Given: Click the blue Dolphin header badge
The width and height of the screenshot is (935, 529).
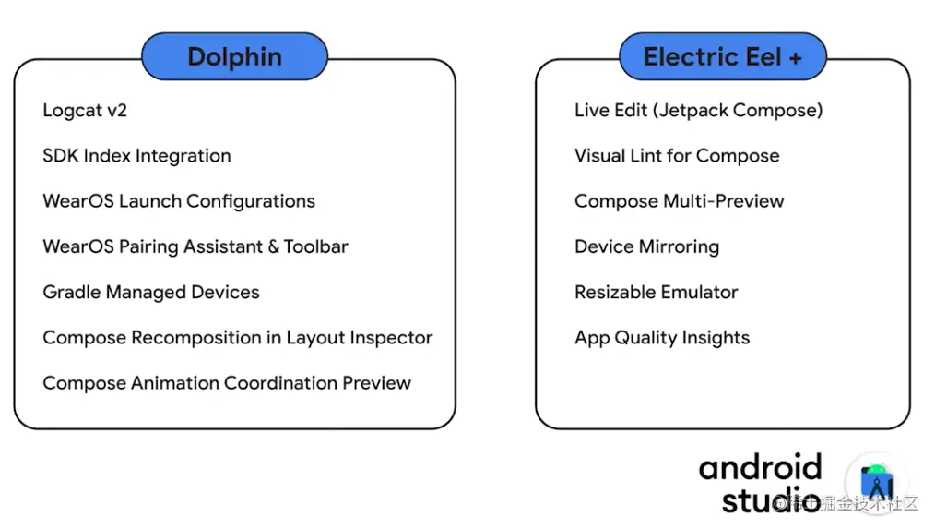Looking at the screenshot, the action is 234,56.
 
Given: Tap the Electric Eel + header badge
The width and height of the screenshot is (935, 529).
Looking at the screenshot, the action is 723,56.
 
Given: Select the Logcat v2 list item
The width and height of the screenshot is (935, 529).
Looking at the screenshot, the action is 85,111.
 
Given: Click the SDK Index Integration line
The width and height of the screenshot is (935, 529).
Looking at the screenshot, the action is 136,156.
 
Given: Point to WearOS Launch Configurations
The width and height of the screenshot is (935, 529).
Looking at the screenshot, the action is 179,202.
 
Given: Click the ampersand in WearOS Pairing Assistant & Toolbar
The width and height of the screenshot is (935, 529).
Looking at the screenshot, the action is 273,246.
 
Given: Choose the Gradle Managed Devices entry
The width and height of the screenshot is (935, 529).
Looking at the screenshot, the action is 151,293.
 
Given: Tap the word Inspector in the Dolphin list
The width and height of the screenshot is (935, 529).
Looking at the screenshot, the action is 391,338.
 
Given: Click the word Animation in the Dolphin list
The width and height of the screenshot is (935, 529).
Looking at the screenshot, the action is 174,383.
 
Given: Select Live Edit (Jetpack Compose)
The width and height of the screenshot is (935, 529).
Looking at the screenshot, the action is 698,111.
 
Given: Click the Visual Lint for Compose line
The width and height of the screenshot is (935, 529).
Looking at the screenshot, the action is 677,156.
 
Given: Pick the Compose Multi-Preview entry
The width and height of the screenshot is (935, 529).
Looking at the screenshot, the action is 680,202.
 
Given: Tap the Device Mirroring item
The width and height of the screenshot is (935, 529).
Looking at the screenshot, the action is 647,247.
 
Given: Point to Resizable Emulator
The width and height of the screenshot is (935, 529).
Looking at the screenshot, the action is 656,292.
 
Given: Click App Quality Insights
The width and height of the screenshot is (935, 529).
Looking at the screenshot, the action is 662,338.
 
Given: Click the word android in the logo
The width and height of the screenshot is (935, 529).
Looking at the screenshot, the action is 761,467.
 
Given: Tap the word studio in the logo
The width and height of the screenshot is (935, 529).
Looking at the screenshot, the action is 771,499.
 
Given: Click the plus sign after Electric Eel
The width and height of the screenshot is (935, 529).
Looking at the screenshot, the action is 796,58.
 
